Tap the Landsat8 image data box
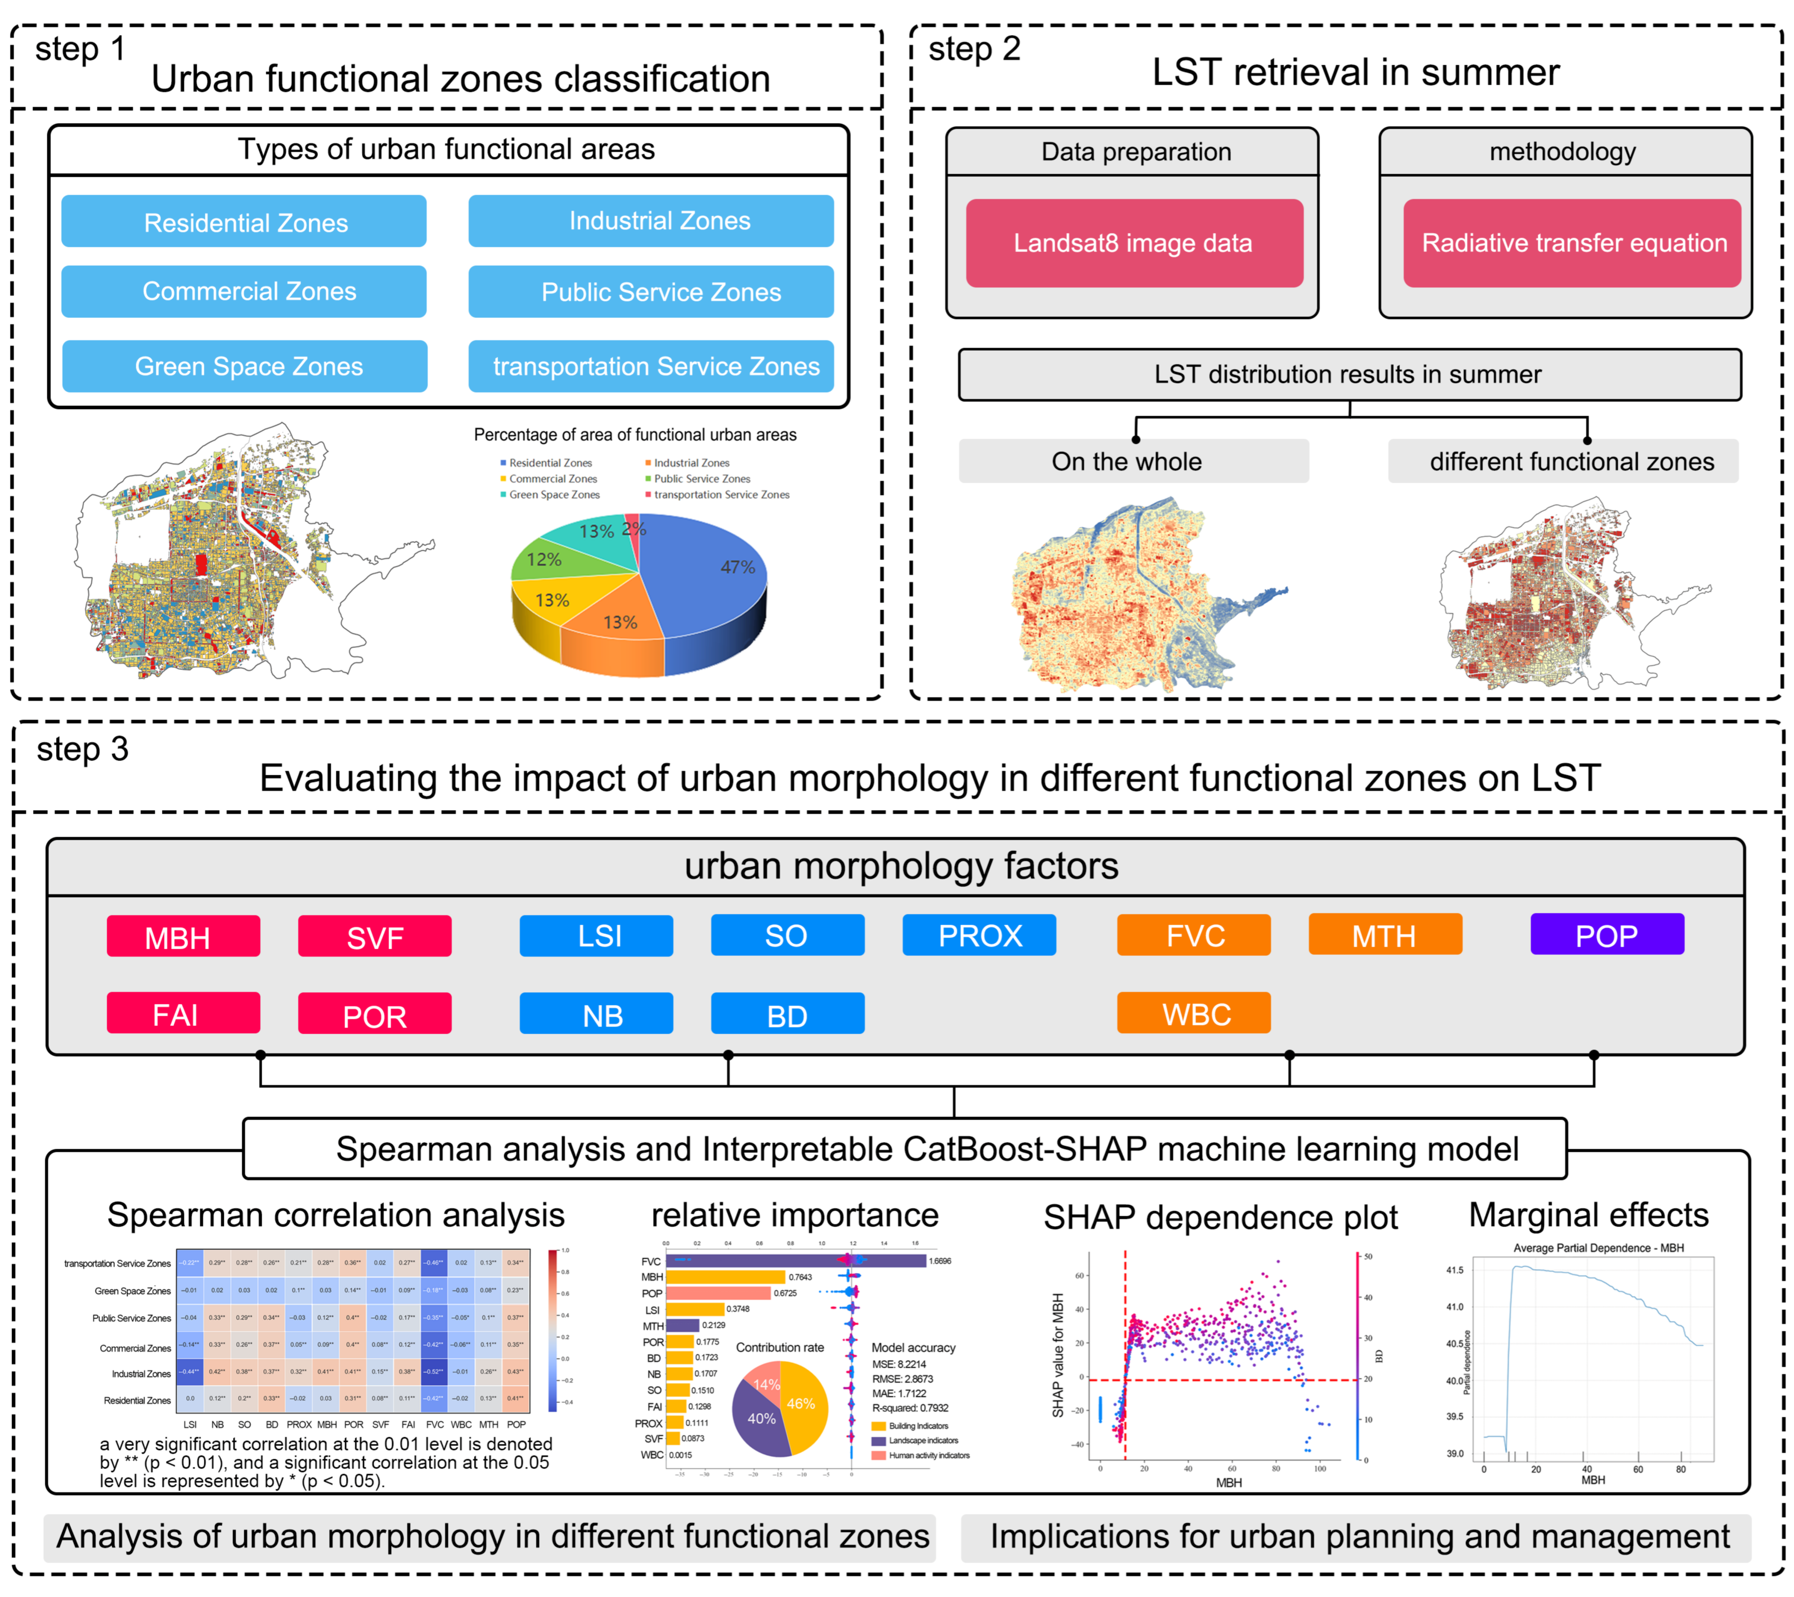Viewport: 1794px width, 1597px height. [1134, 243]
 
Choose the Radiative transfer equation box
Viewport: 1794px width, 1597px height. [1572, 243]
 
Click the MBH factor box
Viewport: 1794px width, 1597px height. [182, 937]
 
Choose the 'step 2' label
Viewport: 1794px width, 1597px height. [974, 49]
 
